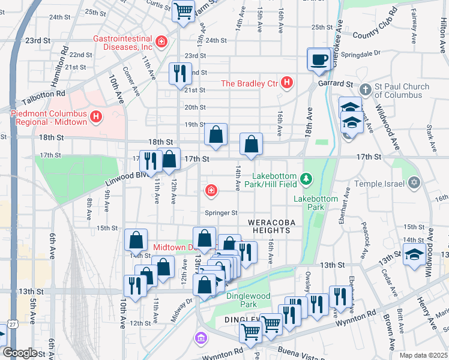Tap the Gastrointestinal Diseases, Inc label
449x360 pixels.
123,42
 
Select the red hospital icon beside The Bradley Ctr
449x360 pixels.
287,83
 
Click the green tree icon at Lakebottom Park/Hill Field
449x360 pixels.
307,179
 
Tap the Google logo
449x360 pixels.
19,353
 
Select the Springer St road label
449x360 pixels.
221,213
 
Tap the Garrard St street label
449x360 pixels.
335,85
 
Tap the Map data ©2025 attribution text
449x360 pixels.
423,355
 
